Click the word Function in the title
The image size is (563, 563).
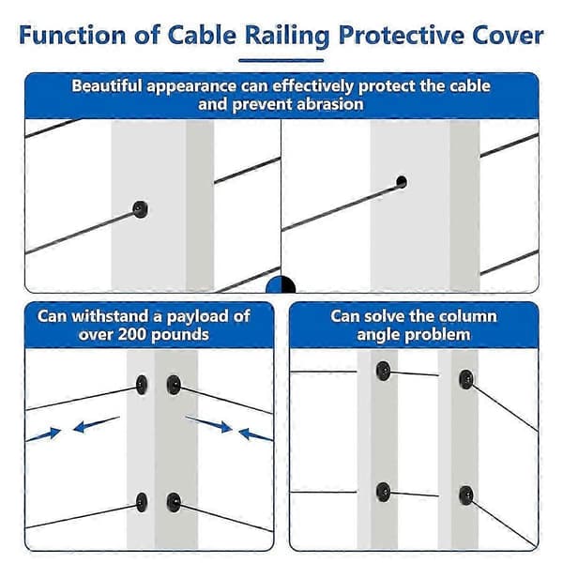pyautogui.click(x=72, y=36)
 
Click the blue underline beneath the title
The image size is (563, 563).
pyautogui.click(x=281, y=60)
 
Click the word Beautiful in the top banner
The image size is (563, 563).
pyautogui.click(x=107, y=86)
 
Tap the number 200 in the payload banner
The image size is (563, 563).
pyautogui.click(x=132, y=335)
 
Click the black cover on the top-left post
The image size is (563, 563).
pyautogui.click(x=140, y=209)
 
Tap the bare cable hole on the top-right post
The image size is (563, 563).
pyautogui.click(x=402, y=182)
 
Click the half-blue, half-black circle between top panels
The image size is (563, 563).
pyautogui.click(x=281, y=285)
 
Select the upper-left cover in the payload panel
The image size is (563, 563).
pyautogui.click(x=142, y=385)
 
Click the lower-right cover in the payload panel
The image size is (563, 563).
pyautogui.click(x=174, y=502)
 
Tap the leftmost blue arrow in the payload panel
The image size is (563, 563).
pyautogui.click(x=44, y=434)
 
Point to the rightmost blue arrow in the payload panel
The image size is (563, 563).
pyautogui.click(x=255, y=434)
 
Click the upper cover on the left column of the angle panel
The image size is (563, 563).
pyautogui.click(x=383, y=371)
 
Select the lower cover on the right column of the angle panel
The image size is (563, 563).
pyautogui.click(x=466, y=495)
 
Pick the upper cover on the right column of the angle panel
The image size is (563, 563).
pyautogui.click(x=466, y=379)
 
